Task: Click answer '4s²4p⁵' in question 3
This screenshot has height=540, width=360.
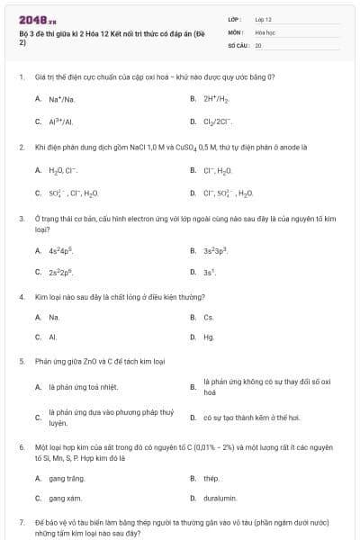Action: coord(61,250)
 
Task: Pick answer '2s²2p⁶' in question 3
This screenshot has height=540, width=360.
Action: coord(61,271)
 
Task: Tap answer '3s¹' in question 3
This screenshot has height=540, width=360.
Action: coord(210,271)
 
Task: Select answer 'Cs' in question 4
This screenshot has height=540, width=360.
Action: coord(209,317)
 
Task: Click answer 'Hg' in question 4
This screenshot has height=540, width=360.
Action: coord(209,337)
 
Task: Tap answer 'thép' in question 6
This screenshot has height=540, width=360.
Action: coord(211,478)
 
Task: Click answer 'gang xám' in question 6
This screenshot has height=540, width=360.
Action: coord(66,498)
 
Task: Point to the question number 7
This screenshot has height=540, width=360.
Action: coord(21,522)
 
